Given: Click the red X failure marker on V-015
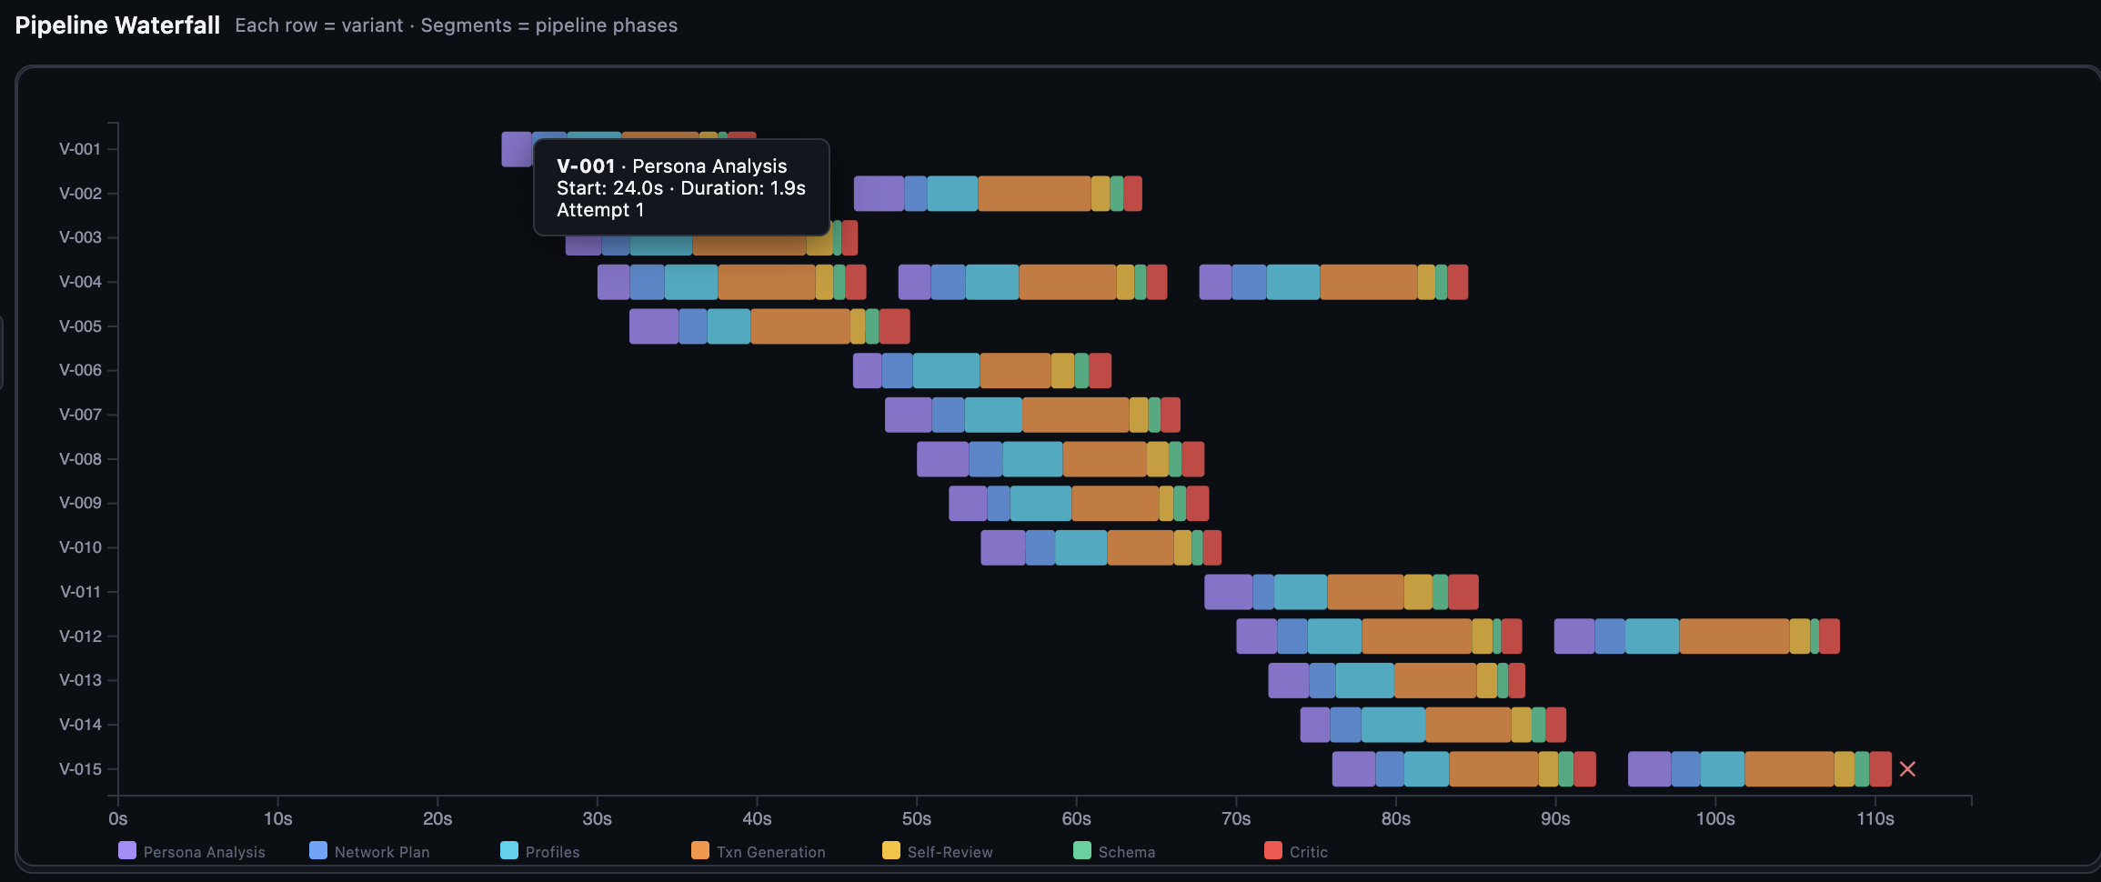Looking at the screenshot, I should [x=1907, y=769].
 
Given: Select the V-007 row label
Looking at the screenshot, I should [x=80, y=415].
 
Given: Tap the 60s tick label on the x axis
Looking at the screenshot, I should [x=1076, y=818].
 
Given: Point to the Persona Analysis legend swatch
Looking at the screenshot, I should [x=127, y=850].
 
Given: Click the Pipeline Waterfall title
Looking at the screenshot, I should [x=117, y=25].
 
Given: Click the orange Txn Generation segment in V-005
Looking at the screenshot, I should [x=800, y=326].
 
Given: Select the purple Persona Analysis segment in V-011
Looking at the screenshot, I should [x=1228, y=592].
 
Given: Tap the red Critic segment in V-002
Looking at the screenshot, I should [x=1132, y=194].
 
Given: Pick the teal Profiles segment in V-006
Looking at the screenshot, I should [x=946, y=371].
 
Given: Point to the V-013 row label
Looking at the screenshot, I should [x=80, y=680].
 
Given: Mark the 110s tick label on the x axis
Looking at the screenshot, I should [x=1875, y=818].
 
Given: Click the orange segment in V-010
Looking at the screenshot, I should [x=1140, y=547].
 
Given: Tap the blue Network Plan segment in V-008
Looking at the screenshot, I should [x=985, y=459].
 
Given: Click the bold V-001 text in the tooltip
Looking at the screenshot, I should [x=586, y=166].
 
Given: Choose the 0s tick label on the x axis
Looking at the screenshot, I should [x=118, y=818].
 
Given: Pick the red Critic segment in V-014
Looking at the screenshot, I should [x=1555, y=725].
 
